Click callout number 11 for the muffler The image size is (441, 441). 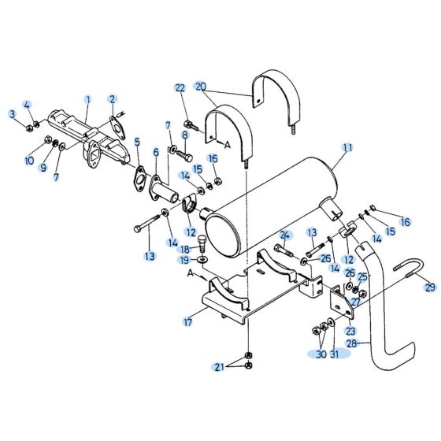click(x=347, y=148)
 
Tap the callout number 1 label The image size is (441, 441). click(x=88, y=99)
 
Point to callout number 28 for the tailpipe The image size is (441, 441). click(x=350, y=344)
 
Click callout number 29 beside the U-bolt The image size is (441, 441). click(x=429, y=287)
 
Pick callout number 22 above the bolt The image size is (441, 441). click(x=180, y=87)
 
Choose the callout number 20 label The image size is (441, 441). click(x=200, y=86)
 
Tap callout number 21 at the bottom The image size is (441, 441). click(x=220, y=367)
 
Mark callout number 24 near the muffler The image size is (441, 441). click(x=286, y=235)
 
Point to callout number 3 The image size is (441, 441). click(x=13, y=116)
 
